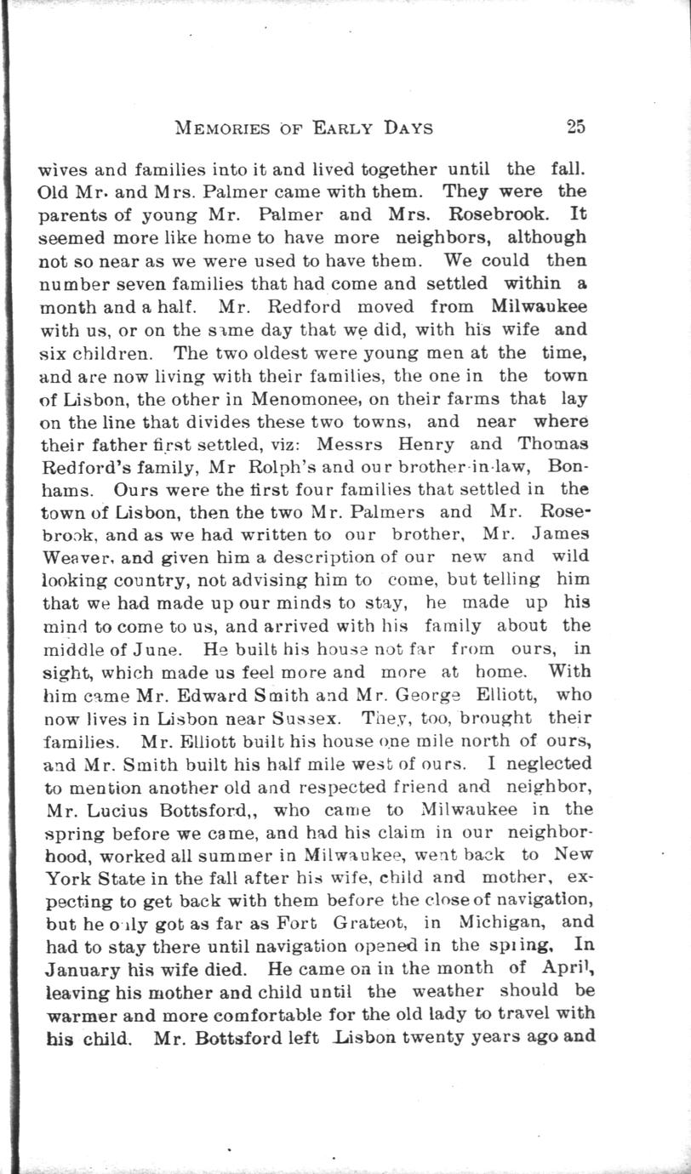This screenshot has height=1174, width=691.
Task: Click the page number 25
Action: (575, 128)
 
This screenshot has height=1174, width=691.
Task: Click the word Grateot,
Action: (380, 922)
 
